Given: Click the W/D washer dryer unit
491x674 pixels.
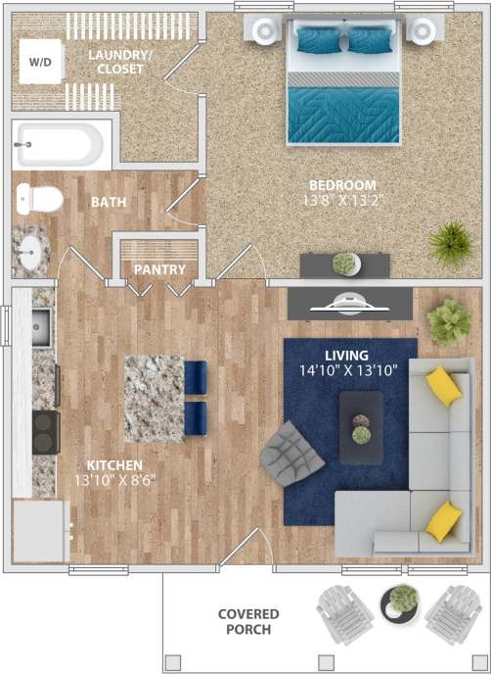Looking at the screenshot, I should (40, 63).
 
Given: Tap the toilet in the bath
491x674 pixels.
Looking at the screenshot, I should (39, 200).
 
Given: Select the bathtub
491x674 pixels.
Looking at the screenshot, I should (59, 146).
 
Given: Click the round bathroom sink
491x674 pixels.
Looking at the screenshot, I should (31, 251).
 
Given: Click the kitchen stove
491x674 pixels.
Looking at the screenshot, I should (45, 431).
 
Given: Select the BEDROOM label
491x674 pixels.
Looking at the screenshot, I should (342, 185).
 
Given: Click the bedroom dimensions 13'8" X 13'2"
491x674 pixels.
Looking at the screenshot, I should (342, 201).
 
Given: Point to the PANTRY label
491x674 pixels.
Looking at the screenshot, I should (159, 269).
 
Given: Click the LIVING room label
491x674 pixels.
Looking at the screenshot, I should (347, 355).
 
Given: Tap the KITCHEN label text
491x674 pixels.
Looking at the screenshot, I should (114, 464).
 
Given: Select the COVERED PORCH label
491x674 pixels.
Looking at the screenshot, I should (247, 621).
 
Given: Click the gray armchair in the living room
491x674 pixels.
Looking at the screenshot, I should (290, 453).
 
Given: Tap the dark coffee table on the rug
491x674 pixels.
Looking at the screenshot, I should (361, 426).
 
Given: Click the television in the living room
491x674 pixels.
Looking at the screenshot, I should (349, 304).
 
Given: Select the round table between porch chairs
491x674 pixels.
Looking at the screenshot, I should (398, 602).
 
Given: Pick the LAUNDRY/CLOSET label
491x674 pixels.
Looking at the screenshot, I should (120, 62).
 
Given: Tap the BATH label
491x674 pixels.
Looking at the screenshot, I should (108, 202).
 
